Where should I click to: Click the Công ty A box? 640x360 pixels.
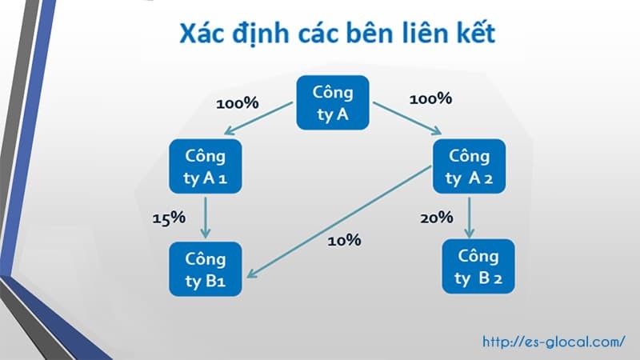pyautogui.click(x=333, y=103)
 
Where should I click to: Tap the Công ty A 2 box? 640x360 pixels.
pyautogui.click(x=469, y=166)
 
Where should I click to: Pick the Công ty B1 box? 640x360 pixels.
pyautogui.click(x=206, y=270)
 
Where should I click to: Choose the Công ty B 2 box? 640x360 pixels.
pyautogui.click(x=478, y=267)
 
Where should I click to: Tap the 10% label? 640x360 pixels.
pyautogui.click(x=344, y=239)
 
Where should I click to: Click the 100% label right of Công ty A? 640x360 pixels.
pyautogui.click(x=430, y=99)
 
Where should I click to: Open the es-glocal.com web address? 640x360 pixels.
pyautogui.click(x=553, y=341)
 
